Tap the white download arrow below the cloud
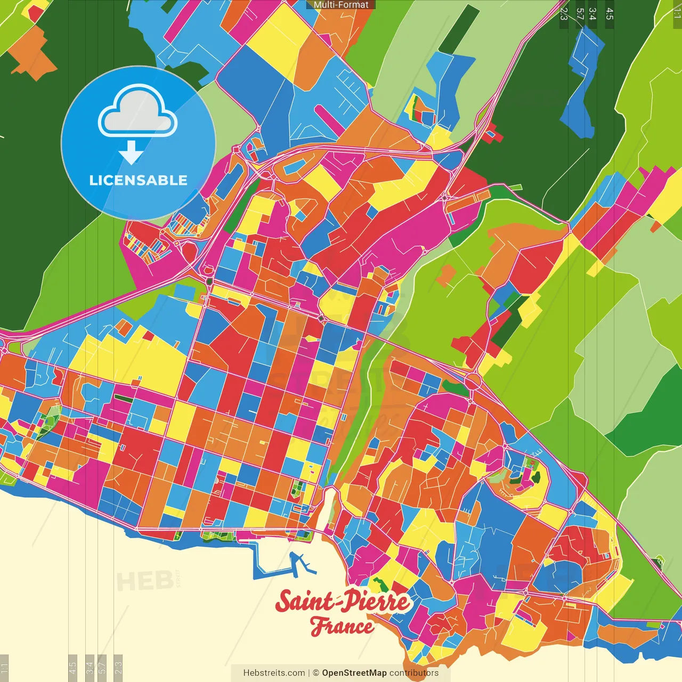click(131, 153)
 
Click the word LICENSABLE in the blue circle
click(138, 180)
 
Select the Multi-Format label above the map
click(341, 5)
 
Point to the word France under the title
click(342, 626)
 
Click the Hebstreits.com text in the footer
click(274, 673)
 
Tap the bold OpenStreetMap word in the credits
click(354, 673)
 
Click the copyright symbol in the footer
click(316, 673)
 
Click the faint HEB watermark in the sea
click(144, 581)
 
